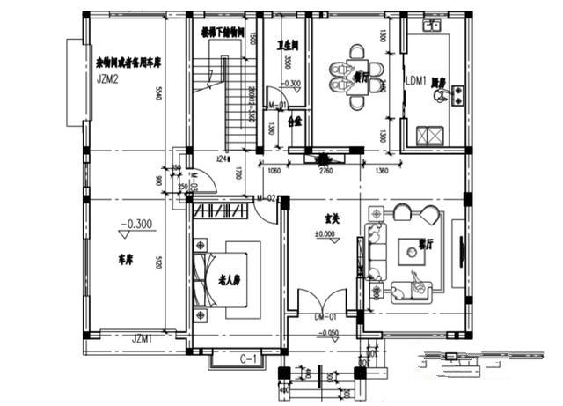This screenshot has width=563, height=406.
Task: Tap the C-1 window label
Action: click(x=247, y=358)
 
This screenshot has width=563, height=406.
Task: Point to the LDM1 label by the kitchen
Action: click(x=416, y=81)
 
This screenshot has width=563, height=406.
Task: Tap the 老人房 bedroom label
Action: click(x=230, y=283)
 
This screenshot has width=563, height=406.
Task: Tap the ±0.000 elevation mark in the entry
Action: click(x=325, y=234)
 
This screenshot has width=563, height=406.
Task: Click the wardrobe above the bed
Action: click(x=222, y=212)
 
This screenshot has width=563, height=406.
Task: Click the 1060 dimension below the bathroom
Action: click(x=273, y=171)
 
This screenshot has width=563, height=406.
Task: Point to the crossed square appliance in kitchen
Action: click(x=431, y=136)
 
